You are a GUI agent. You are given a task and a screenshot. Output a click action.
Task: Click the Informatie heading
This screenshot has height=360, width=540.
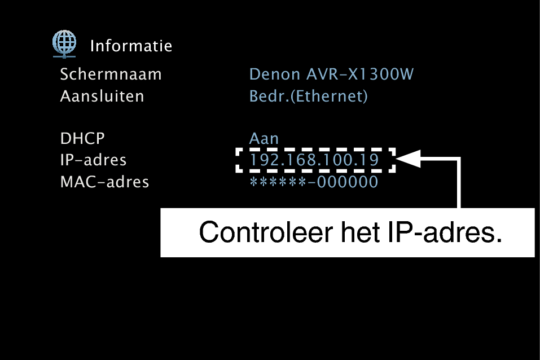(x=131, y=46)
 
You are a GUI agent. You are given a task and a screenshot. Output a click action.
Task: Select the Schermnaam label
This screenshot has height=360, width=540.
(x=111, y=74)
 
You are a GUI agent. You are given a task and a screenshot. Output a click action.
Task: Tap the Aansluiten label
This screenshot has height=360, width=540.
(x=102, y=96)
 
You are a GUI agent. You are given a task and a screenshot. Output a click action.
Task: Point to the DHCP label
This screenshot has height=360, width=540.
(x=82, y=138)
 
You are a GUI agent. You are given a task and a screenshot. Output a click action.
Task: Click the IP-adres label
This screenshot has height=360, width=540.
(x=93, y=160)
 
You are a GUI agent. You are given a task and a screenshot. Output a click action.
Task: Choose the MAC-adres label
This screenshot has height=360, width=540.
(x=105, y=182)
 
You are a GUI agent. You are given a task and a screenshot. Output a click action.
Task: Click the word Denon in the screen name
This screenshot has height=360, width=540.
(x=275, y=74)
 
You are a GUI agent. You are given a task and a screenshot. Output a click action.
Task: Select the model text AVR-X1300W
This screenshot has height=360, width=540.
(x=360, y=74)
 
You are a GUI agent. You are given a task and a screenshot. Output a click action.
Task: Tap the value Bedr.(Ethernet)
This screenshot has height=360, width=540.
(x=309, y=96)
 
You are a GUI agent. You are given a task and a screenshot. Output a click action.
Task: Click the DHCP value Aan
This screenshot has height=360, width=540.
(x=264, y=138)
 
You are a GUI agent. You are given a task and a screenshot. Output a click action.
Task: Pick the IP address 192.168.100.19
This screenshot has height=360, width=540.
(x=314, y=160)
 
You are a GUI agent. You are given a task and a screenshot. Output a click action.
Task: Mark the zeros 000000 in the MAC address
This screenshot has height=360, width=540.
(x=348, y=182)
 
